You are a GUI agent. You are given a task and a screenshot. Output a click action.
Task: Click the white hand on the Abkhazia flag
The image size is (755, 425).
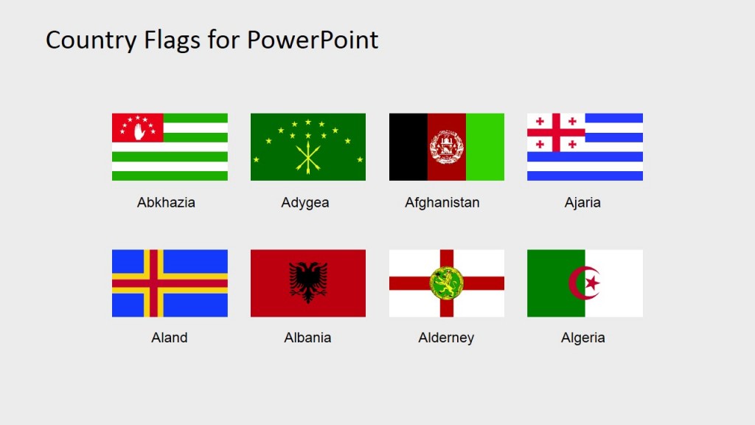pos(137,130)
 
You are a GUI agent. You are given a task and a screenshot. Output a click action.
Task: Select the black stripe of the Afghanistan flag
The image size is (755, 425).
pos(408,147)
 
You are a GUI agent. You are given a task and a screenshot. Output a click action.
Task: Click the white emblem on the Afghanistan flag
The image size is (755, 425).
pos(446,147)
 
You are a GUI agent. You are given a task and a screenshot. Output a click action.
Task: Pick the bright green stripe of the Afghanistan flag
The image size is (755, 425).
pos(485,147)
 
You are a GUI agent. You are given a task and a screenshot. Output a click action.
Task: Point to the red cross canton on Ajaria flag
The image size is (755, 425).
pos(556,133)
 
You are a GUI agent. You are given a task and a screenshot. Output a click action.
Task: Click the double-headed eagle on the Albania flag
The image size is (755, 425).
pos(308,283)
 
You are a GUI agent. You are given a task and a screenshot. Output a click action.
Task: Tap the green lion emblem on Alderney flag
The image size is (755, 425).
pos(446,283)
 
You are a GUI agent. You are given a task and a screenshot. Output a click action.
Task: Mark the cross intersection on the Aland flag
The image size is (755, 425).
pos(153,283)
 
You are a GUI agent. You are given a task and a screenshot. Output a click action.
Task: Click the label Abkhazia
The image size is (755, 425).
pos(166,202)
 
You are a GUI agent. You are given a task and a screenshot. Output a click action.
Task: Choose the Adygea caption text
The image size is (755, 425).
pos(305,202)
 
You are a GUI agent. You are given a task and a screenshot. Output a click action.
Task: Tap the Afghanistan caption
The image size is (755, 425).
pos(442,202)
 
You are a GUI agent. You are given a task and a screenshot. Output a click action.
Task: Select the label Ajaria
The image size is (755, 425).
pos(582,202)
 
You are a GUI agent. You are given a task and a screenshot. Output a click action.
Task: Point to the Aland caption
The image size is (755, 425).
pos(170,338)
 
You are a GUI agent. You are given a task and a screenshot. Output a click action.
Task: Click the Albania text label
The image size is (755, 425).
pos(307,338)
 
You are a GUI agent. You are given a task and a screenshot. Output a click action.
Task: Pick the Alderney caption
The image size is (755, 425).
pos(446,338)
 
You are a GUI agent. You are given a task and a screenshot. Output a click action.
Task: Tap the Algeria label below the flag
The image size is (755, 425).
pos(582,338)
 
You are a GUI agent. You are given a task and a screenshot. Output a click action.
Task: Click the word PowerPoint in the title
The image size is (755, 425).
pos(312,40)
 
